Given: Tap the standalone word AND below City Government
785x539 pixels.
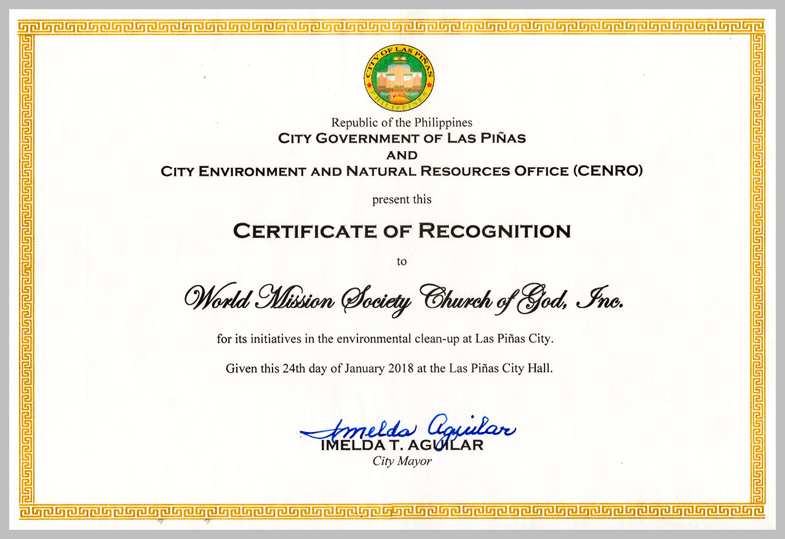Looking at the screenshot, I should coord(402,155).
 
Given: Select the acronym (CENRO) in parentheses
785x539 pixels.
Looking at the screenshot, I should coord(607,171).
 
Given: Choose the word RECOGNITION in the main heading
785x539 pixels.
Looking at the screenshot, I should coord(495,232).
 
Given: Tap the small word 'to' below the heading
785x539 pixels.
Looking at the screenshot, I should coord(402,261).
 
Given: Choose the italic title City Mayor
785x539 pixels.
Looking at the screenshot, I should coord(402,461).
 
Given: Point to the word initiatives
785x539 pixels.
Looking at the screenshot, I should coord(273,338).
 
